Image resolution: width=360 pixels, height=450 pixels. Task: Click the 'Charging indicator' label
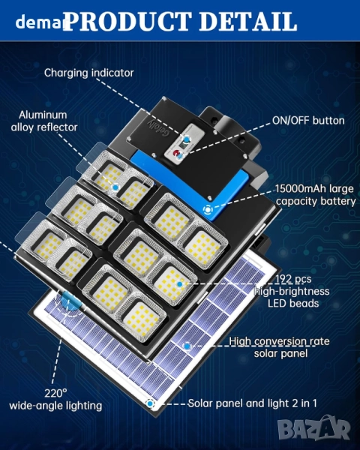[x=89, y=73]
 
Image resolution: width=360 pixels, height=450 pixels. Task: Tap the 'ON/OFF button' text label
[x=308, y=121]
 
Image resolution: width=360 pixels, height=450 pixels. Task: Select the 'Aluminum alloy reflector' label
[x=44, y=121]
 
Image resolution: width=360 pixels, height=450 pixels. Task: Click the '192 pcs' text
[x=293, y=279]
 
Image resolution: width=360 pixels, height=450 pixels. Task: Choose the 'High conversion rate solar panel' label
[x=279, y=347]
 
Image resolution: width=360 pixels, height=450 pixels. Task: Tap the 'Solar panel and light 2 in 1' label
[x=252, y=403]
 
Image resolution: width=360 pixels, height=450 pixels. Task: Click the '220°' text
[x=55, y=393]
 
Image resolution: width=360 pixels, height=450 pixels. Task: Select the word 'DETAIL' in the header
[x=247, y=22]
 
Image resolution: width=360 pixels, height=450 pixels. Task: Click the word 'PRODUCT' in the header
[x=128, y=22]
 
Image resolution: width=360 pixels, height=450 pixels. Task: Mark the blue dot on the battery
[x=208, y=210]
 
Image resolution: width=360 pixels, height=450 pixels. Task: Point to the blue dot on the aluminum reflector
[x=115, y=187]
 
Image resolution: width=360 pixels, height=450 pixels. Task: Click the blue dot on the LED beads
[x=180, y=284]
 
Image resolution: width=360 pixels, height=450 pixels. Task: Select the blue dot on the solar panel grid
[x=187, y=346]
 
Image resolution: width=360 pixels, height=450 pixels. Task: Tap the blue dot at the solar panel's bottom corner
[x=150, y=403]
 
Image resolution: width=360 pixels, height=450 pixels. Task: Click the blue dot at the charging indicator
[x=187, y=139]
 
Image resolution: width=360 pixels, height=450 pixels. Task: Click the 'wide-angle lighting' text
[x=55, y=406]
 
